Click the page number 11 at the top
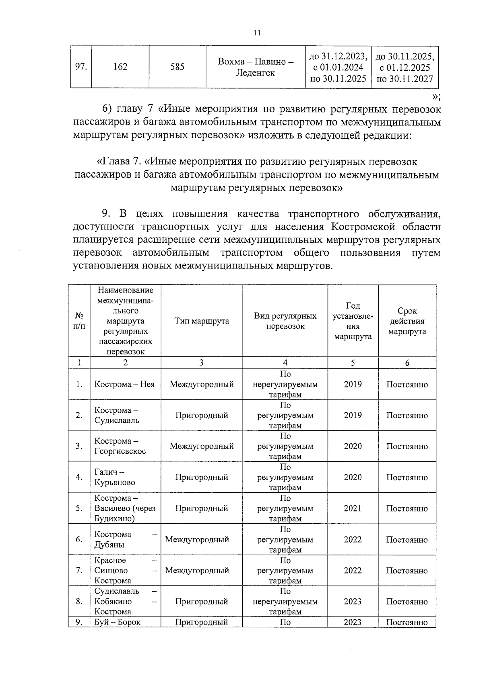(257, 33)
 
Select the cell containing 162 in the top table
(120, 67)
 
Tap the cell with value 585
(177, 67)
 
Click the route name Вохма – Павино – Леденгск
(255, 67)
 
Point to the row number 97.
(81, 67)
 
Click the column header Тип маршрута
(201, 321)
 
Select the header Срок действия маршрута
(407, 321)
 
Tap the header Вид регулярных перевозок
(285, 321)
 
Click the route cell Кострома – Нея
(124, 384)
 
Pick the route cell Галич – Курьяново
(115, 477)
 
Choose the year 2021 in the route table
(353, 508)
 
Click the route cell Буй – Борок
(118, 622)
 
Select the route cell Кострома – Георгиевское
(120, 446)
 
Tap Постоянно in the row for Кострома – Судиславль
(407, 415)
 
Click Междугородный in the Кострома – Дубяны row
(197, 539)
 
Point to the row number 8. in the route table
(79, 601)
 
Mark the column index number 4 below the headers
(285, 363)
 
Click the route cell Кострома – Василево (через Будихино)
(125, 508)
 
